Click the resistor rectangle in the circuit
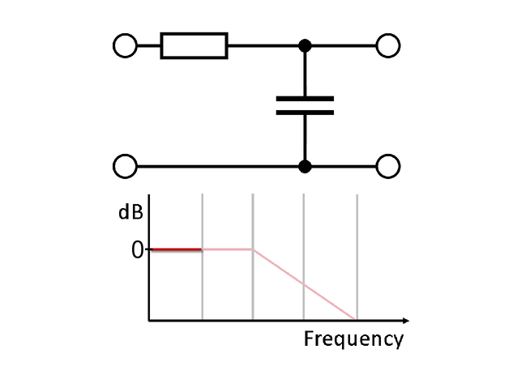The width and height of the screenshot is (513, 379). [x=194, y=46]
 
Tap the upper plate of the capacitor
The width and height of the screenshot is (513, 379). [x=305, y=99]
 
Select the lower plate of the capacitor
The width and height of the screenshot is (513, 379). [x=305, y=112]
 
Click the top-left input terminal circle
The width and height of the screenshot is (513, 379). [x=125, y=46]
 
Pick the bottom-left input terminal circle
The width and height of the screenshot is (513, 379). [x=125, y=167]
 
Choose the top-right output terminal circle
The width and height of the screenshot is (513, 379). [x=388, y=46]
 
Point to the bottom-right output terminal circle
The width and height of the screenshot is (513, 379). [x=388, y=167]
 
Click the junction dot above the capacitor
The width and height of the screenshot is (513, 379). [x=305, y=46]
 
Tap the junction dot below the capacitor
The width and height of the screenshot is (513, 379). [x=305, y=167]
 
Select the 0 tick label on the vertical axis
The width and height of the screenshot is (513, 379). [x=138, y=250]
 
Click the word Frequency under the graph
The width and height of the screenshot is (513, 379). [x=353, y=339]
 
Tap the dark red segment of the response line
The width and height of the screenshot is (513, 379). [x=176, y=249]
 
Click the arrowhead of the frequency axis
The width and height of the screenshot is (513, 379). [x=405, y=321]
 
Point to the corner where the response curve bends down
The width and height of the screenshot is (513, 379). [x=254, y=249]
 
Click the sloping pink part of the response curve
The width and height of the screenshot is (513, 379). [x=304, y=284]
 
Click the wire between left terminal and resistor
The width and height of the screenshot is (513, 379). [x=149, y=46]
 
